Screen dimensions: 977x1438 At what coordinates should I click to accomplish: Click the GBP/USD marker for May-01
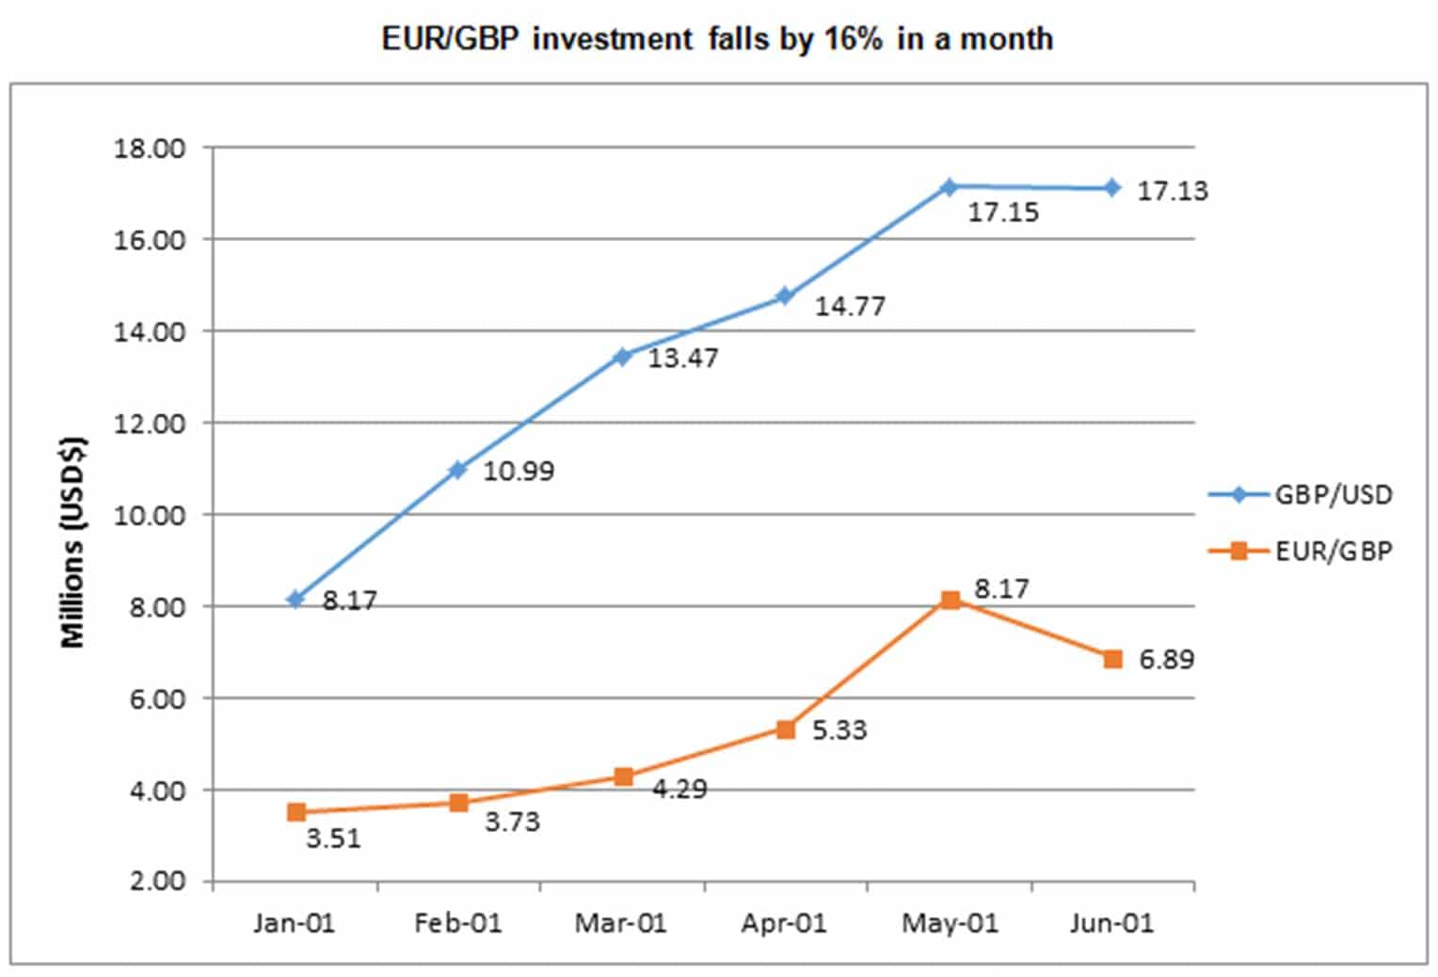pos(949,187)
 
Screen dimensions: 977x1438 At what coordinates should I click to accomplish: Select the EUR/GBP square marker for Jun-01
pos(1112,659)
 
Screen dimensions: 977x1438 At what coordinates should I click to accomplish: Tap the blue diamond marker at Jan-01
pos(296,599)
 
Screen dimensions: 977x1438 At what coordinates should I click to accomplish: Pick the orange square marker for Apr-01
pos(786,729)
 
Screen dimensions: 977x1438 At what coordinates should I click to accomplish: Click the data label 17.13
pos(1172,191)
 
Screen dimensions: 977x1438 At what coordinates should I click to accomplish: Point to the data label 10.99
pos(519,471)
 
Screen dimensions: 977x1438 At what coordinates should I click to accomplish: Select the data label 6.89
pos(1166,660)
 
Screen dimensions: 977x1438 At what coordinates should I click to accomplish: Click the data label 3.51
pos(333,838)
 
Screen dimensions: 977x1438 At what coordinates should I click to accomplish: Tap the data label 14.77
pos(849,307)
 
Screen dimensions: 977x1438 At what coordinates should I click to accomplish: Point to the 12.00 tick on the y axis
pos(151,424)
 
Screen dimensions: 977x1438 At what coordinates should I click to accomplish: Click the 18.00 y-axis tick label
pos(151,149)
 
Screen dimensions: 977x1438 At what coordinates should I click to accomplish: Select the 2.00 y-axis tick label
pos(155,882)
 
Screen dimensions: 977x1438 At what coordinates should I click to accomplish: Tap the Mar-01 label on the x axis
pos(620,923)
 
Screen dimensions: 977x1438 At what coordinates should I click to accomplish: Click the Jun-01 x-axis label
pos(1111,923)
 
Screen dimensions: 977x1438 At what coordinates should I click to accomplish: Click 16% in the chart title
pos(852,40)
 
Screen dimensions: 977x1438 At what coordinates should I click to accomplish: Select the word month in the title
pos(1009,40)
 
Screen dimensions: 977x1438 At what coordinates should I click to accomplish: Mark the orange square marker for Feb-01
pos(458,803)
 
